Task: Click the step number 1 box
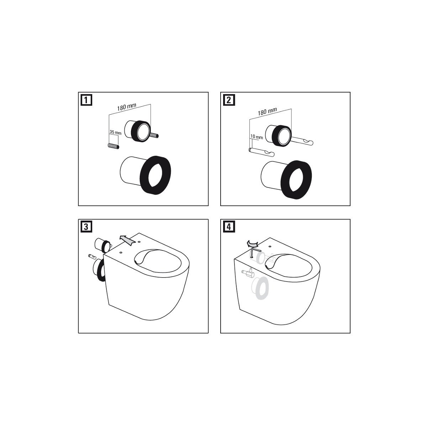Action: [x=86, y=100]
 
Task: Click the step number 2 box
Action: [x=229, y=100]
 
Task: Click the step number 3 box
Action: [x=86, y=227]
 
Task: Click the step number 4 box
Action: [x=229, y=227]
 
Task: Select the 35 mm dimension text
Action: [x=115, y=132]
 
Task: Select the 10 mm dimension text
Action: [x=256, y=137]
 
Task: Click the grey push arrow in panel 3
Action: [x=127, y=240]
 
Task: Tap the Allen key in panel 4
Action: [x=254, y=252]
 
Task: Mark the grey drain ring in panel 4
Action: [x=261, y=287]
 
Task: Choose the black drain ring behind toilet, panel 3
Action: [x=99, y=270]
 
